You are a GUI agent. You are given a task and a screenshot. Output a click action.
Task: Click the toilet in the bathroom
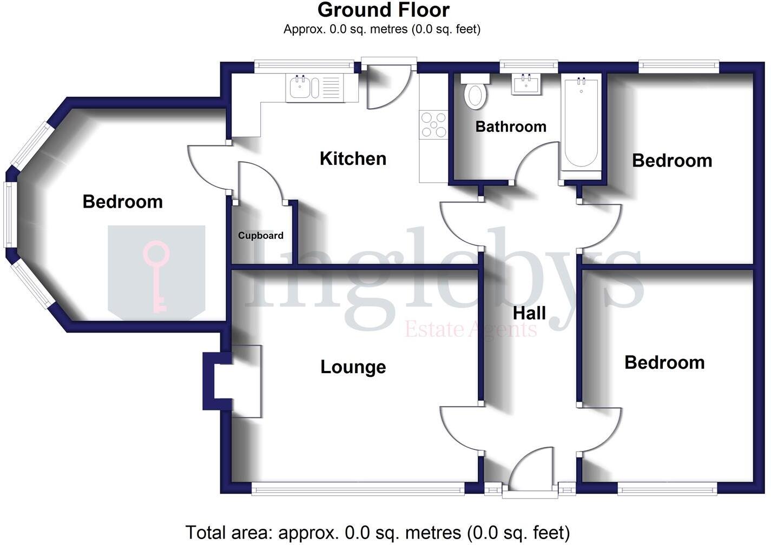click(x=476, y=93)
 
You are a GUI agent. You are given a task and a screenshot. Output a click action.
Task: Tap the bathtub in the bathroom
click(x=581, y=123)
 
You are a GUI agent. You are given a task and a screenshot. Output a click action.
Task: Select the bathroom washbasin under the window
click(x=525, y=85)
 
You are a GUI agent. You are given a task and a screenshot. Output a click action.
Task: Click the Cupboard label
click(x=261, y=236)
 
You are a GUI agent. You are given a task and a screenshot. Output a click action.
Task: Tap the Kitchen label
click(x=353, y=158)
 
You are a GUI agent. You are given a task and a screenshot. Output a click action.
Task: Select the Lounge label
click(x=353, y=367)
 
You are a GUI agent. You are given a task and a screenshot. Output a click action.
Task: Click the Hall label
click(x=529, y=313)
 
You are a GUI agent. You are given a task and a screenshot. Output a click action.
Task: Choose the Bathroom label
click(x=511, y=127)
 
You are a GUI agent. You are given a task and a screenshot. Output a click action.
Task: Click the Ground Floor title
click(x=383, y=10)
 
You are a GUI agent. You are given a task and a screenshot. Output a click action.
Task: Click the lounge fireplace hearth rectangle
click(x=247, y=381)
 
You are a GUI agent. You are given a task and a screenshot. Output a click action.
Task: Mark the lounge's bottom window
click(x=358, y=488)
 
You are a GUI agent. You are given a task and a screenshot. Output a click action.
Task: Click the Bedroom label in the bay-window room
click(x=122, y=202)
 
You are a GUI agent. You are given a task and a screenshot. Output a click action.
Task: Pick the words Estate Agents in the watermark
click(x=471, y=329)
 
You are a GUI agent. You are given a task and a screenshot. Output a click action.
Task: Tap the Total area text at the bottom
click(x=378, y=533)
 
